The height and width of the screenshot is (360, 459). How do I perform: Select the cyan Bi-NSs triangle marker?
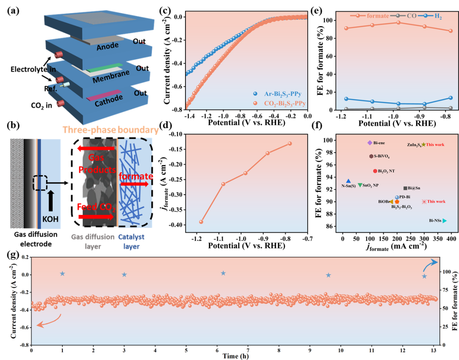(444, 221)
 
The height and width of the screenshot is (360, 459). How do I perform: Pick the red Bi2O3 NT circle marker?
(375, 171)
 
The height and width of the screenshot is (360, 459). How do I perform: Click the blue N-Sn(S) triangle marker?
(348, 181)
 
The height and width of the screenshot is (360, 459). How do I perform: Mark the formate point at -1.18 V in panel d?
(201, 222)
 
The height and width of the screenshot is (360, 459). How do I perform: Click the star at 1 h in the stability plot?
(62, 274)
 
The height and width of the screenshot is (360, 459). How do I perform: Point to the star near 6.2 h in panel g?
(223, 273)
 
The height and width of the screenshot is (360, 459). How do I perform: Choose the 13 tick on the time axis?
(433, 350)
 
